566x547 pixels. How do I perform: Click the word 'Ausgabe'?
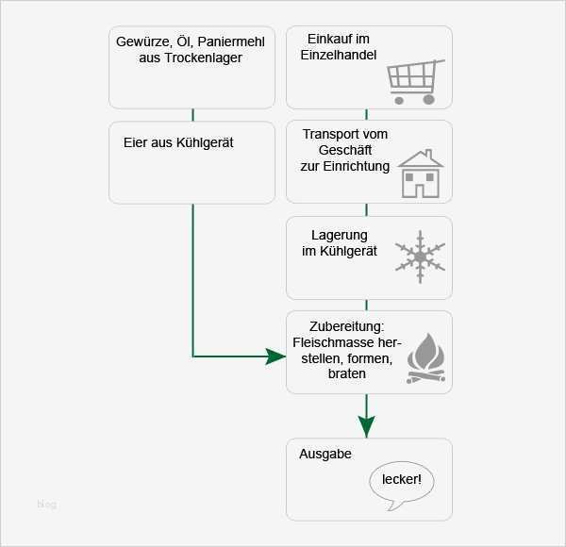click(325, 454)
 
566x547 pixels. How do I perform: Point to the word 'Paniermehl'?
click(231, 41)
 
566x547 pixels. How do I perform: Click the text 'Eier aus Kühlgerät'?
click(178, 143)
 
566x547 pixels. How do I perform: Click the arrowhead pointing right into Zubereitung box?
click(275, 356)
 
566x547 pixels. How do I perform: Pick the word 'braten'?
click(347, 374)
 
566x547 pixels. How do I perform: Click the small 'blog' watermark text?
click(46, 505)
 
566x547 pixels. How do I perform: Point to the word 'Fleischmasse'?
click(337, 342)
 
